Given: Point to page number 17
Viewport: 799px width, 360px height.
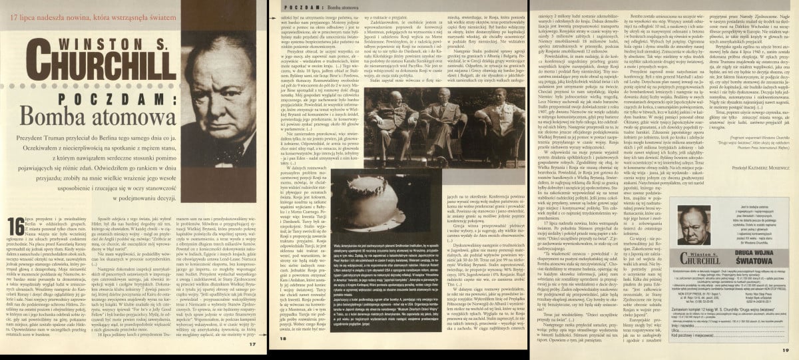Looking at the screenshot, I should [250, 343].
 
